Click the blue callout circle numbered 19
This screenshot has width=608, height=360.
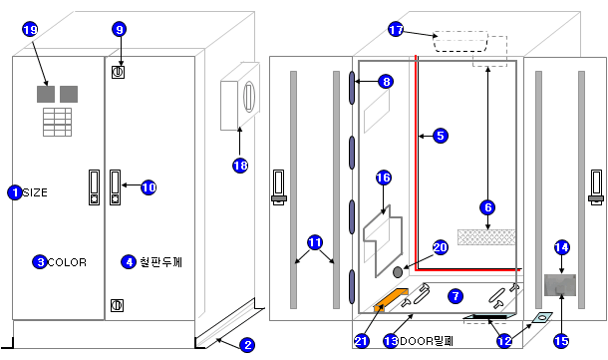(x=30, y=29)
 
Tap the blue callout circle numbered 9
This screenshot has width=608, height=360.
(x=120, y=29)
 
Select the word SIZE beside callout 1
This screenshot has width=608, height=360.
(x=35, y=192)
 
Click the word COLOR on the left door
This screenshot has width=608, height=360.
(x=67, y=262)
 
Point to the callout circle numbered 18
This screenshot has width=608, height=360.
(x=240, y=166)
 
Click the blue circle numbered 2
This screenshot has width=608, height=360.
(x=247, y=344)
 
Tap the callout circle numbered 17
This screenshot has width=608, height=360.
(x=396, y=30)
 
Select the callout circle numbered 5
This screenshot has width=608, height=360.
(x=441, y=136)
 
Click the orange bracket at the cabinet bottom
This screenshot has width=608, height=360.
(x=391, y=299)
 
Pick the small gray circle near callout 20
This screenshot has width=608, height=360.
(x=398, y=272)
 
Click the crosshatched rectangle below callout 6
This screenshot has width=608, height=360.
(x=486, y=237)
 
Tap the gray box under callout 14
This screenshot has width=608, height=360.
(x=560, y=285)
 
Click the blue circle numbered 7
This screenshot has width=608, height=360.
(x=456, y=296)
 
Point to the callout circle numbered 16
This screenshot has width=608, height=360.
(x=384, y=178)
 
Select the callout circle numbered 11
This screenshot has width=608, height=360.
(x=315, y=242)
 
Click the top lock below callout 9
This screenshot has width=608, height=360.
(x=119, y=72)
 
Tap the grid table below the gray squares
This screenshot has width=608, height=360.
(x=58, y=123)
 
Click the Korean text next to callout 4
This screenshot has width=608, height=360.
(x=160, y=262)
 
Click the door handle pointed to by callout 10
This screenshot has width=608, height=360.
(x=116, y=187)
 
